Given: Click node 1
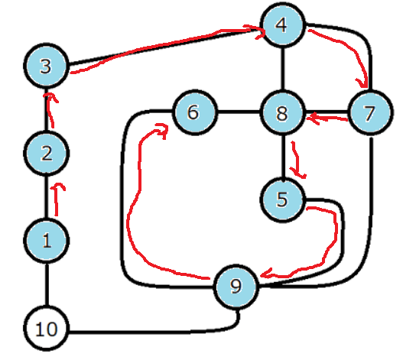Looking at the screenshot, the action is (47, 241).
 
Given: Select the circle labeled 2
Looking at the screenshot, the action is (47, 154).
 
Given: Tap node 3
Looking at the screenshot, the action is (47, 66).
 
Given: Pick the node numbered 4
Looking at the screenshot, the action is (282, 25).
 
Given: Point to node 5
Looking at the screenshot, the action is (282, 199).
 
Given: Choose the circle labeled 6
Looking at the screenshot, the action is (195, 112).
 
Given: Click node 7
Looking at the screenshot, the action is (370, 112).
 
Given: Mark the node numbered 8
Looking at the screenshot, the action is (282, 112).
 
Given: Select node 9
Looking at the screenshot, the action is (236, 286).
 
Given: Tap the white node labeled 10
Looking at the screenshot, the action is (47, 328).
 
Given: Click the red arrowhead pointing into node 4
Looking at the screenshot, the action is (258, 31).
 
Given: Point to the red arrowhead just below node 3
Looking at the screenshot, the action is (50, 97).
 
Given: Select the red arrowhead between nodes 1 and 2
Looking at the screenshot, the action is (59, 186).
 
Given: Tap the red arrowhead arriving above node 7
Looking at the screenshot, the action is (363, 83).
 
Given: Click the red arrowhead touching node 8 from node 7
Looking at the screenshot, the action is (313, 118).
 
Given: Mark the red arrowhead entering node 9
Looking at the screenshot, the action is (268, 274).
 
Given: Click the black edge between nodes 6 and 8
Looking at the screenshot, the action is (239, 112).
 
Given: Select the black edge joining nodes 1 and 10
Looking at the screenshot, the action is (47, 284).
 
